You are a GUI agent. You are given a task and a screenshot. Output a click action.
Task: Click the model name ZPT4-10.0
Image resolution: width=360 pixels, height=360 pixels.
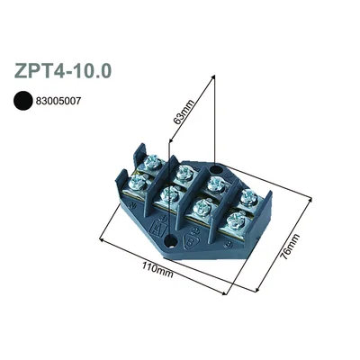pyautogui.click(x=63, y=71)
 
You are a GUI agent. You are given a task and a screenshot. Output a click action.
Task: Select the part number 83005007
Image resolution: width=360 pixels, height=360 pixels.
pyautogui.click(x=58, y=101)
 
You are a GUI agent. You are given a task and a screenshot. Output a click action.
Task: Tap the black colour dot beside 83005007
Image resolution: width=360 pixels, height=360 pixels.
pyautogui.click(x=22, y=101)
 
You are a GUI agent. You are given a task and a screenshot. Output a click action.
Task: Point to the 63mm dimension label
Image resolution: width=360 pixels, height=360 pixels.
pyautogui.click(x=184, y=112)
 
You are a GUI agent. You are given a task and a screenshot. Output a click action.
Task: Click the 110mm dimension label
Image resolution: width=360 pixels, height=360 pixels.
pyautogui.click(x=157, y=269)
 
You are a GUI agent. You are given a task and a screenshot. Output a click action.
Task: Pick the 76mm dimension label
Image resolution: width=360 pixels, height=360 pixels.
pyautogui.click(x=289, y=247)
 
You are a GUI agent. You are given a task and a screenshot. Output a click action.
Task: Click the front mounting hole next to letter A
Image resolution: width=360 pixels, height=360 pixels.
pyautogui.click(x=171, y=240)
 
